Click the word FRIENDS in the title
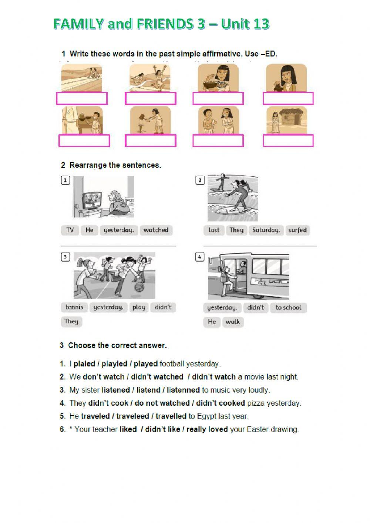coord(165,24)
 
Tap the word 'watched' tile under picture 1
coord(156,230)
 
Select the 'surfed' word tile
coord(297,230)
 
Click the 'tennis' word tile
coord(74,307)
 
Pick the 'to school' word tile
coord(288,308)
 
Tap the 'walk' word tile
coord(233,322)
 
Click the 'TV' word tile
coord(70,230)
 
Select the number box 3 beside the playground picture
coord(65,257)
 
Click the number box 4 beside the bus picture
coord(199,257)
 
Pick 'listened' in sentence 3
coord(115,390)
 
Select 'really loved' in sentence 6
coord(207,430)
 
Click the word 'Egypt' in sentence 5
coord(206,416)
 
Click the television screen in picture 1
coord(91,202)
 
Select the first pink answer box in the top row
coord(82,98)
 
